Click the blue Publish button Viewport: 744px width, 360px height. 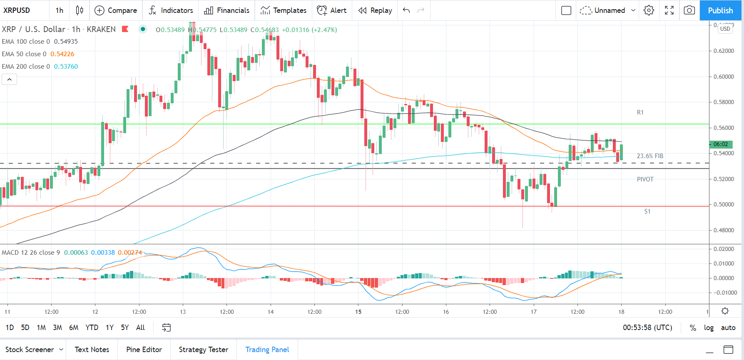pos(720,10)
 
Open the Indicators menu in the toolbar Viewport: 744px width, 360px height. pos(171,10)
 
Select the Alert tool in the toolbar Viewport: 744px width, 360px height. pos(331,10)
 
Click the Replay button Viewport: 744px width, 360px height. pos(375,10)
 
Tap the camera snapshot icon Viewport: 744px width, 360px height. pos(689,10)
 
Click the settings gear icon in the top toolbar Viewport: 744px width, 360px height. pos(649,10)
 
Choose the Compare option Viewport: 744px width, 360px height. pos(116,10)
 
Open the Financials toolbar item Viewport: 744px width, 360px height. pos(226,10)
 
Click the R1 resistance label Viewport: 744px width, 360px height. pos(640,112)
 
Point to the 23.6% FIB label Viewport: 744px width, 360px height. pos(650,156)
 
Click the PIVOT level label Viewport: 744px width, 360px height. pos(645,179)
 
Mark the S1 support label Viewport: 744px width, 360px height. pos(647,211)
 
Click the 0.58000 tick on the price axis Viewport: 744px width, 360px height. pos(724,102)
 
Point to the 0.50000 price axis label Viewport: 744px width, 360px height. pos(724,205)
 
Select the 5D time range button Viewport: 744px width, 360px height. pos(25,328)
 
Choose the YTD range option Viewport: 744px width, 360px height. pos(92,328)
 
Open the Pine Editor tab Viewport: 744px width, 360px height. pos(144,350)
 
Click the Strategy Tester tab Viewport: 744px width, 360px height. pos(203,350)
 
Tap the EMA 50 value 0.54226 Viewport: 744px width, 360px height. pos(62,54)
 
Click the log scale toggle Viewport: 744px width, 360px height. pos(709,328)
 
